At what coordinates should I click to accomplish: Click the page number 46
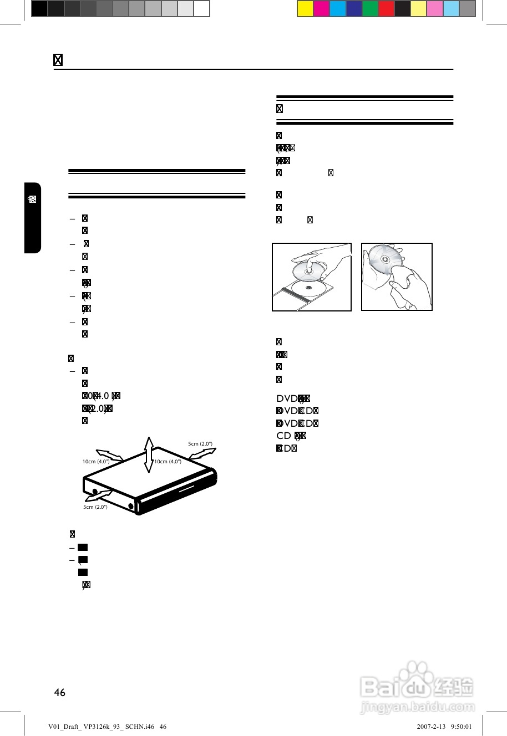pos(59,692)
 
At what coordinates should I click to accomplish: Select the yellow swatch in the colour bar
pos(305,9)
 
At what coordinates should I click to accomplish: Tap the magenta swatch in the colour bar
pos(321,9)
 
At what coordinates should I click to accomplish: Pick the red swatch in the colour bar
pos(386,9)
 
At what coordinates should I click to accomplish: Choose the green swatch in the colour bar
pos(370,9)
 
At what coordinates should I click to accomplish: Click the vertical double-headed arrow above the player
pos(148,454)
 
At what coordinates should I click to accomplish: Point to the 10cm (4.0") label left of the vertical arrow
pos(96,462)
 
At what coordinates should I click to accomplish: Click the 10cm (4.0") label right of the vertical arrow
pos(168,462)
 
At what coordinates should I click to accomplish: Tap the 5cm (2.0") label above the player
pos(200,444)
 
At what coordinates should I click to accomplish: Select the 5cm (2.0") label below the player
pos(95,507)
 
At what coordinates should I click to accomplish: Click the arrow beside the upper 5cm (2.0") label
pos(202,454)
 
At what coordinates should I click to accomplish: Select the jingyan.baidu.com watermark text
pos(418,707)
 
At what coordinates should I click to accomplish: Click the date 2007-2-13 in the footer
pos(430,727)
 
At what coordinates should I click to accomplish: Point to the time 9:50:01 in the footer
pos(462,727)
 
